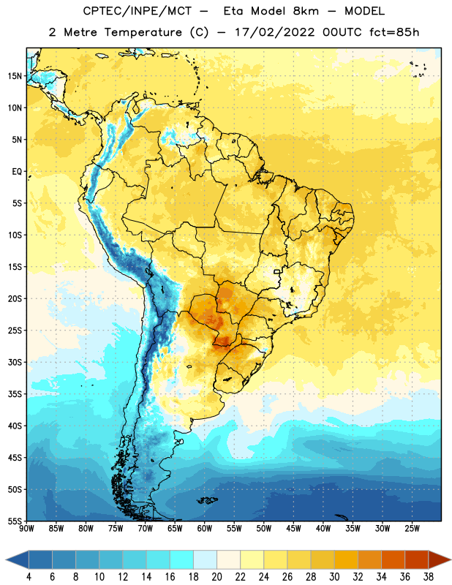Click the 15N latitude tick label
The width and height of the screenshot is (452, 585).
coord(15,76)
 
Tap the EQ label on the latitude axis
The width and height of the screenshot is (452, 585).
coord(17,172)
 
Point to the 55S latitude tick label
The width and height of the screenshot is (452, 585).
coord(15,521)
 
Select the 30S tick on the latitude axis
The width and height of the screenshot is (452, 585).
coord(15,362)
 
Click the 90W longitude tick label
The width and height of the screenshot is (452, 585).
coord(26,528)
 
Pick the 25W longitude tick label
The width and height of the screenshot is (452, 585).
coord(412,528)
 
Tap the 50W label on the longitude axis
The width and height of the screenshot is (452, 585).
coord(264,528)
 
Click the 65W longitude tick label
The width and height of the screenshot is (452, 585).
coord(175,528)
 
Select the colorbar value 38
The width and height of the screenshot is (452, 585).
coord(429,577)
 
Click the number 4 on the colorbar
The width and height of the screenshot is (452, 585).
coord(29,577)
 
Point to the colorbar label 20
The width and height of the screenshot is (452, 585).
coord(216,577)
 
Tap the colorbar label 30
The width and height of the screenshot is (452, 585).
coord(334,577)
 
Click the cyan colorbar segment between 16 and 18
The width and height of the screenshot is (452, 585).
coord(182,561)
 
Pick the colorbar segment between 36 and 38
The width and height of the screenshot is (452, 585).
coord(417,561)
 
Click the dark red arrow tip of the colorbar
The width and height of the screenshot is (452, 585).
coord(440,561)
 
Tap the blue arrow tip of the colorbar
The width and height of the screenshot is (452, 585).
coord(17,561)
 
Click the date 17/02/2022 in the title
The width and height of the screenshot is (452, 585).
coord(274,32)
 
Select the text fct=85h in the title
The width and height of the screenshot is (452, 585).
coord(394,32)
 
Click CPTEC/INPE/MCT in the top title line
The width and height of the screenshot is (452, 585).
coord(138,11)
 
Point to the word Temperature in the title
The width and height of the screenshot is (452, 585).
coord(143,32)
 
